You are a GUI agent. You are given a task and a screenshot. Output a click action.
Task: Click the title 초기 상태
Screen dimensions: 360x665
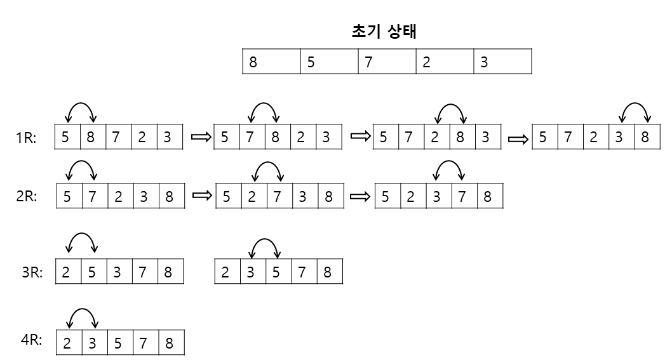click(384, 32)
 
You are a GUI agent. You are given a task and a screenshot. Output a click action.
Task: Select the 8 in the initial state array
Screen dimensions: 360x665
click(253, 63)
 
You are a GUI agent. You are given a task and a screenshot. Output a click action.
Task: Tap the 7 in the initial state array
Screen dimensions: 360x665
click(368, 63)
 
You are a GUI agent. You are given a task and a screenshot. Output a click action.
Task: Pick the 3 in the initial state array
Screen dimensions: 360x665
click(484, 63)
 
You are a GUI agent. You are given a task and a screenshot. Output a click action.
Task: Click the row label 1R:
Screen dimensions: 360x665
click(26, 138)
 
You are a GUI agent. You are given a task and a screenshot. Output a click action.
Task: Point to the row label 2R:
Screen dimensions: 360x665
click(26, 197)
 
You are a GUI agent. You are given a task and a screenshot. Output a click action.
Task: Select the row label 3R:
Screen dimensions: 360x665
click(32, 273)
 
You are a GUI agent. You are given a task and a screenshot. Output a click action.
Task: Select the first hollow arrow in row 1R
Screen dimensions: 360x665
click(200, 137)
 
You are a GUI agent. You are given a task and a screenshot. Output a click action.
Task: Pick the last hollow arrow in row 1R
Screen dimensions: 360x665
click(517, 139)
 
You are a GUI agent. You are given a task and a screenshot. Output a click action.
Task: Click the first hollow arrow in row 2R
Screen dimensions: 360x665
click(201, 196)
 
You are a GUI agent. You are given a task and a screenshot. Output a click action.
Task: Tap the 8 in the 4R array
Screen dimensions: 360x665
click(168, 343)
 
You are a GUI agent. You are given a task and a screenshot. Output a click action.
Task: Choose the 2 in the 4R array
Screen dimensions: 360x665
click(67, 343)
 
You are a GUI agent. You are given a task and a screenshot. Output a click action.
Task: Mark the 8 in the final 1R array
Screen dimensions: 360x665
click(645, 138)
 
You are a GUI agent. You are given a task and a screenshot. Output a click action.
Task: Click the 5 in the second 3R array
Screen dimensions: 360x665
click(276, 273)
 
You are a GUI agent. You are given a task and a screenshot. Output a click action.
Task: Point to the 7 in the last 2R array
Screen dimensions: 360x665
click(462, 197)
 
